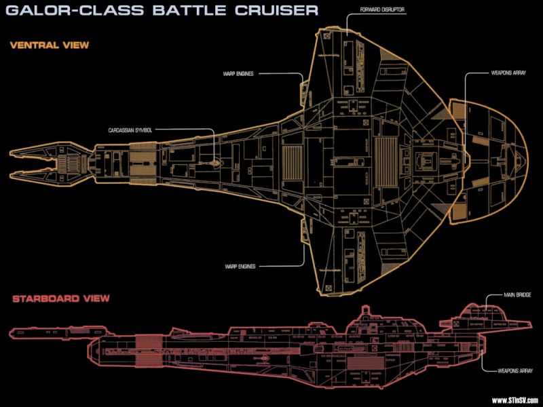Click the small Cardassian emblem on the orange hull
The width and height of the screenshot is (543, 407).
pos(216,163)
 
